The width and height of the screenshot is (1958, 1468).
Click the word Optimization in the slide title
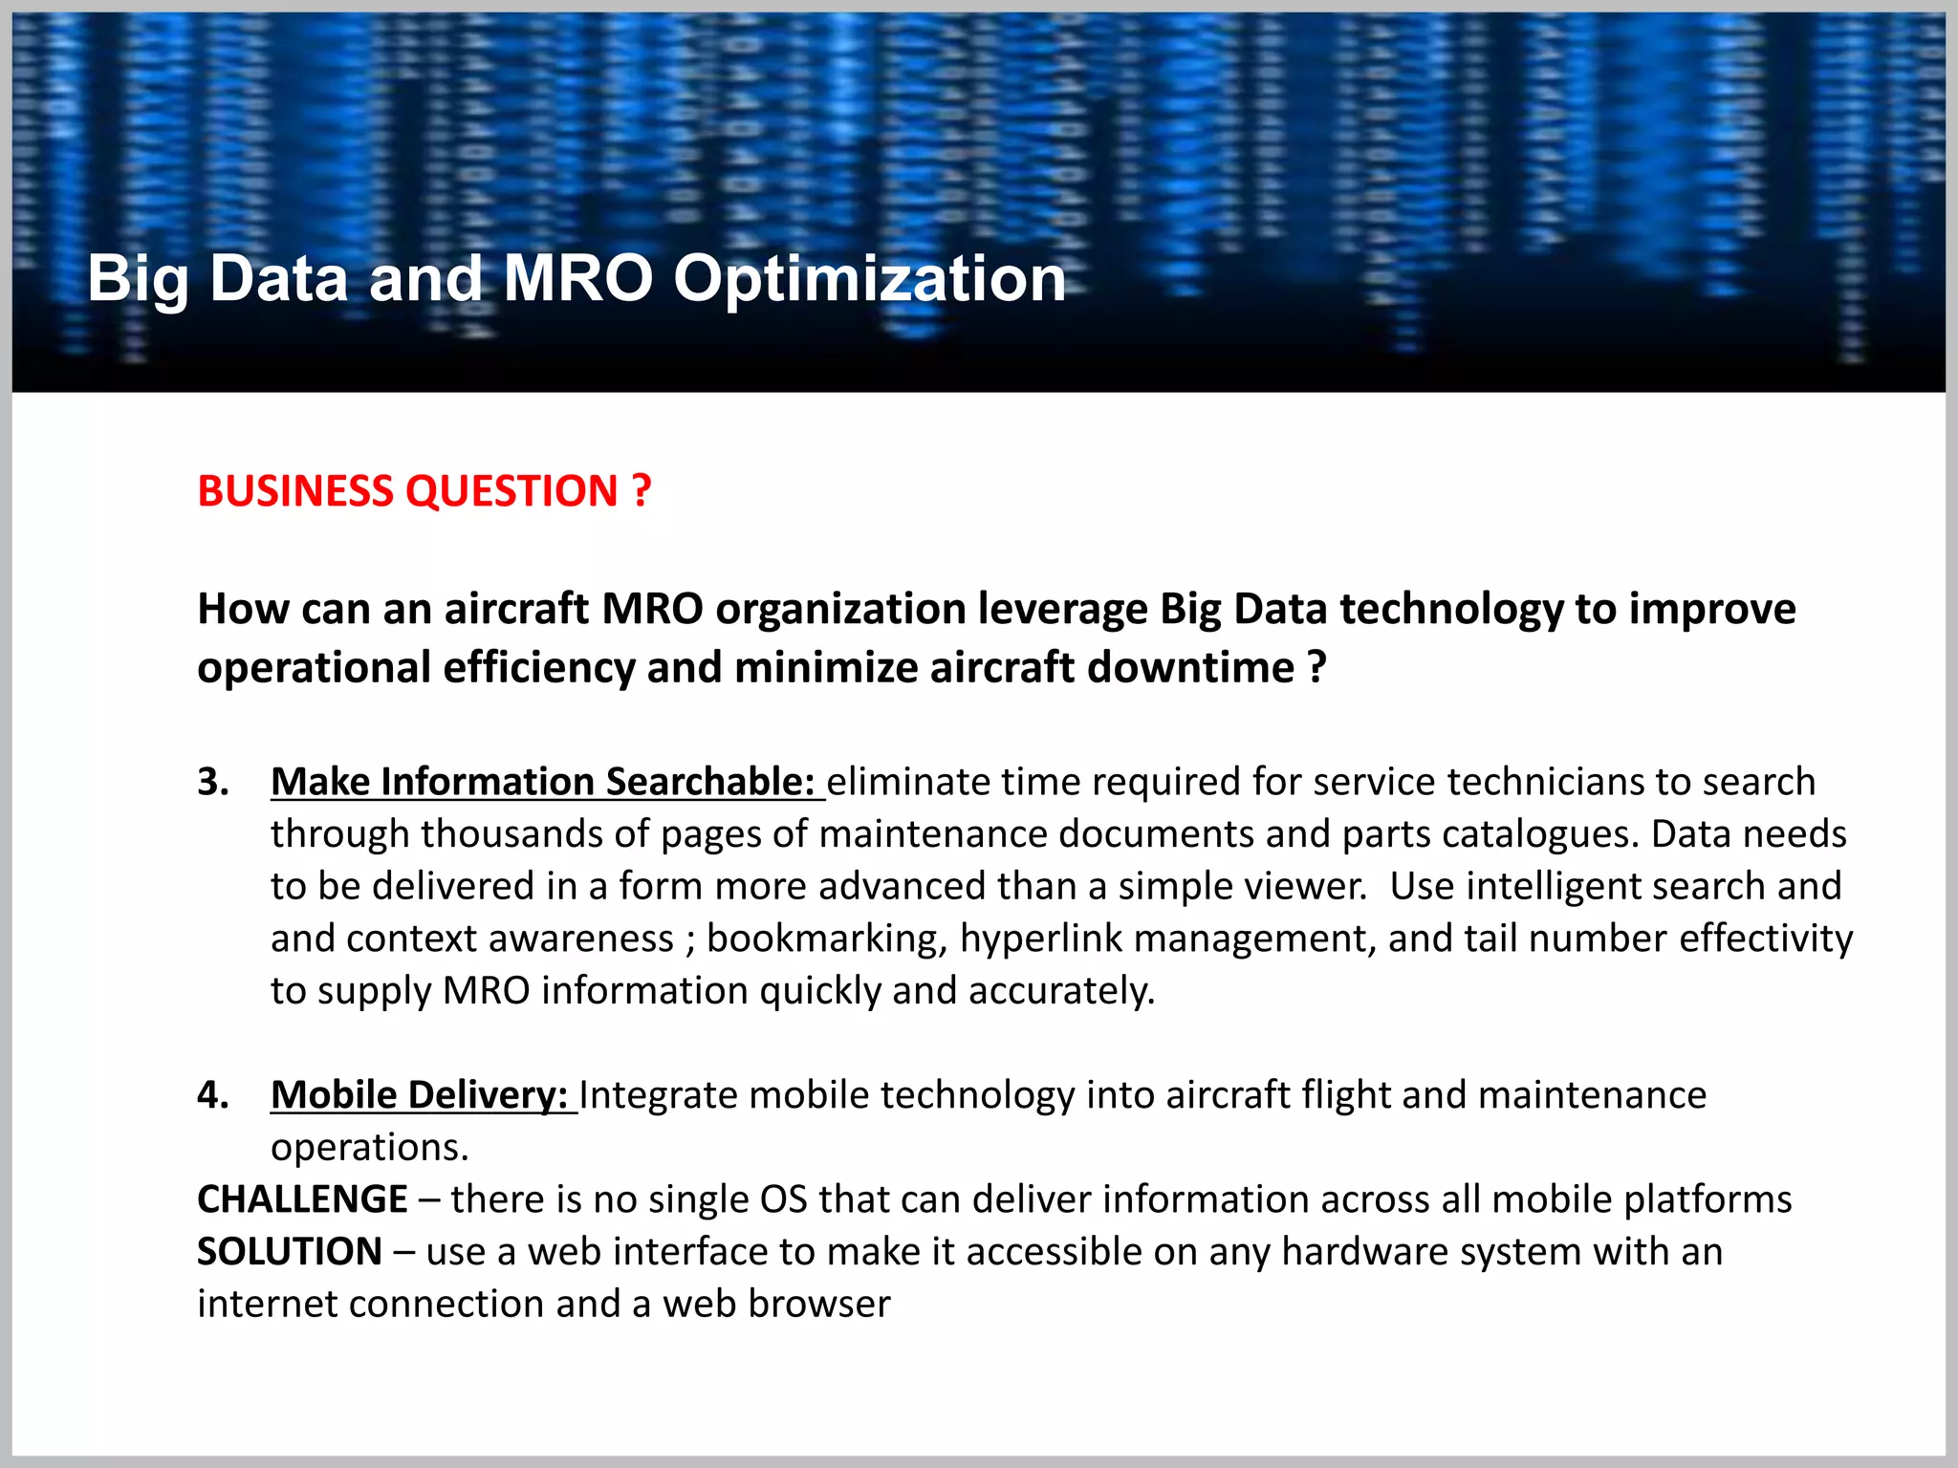coord(869,279)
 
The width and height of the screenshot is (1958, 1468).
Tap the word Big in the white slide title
coord(138,279)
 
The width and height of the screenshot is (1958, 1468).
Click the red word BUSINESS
coord(295,491)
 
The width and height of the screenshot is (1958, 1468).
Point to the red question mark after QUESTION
coord(642,491)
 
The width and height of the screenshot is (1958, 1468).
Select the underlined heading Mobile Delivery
coord(420,1095)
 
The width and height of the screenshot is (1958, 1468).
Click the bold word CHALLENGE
coord(302,1199)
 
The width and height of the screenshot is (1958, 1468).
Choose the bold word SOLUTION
coord(290,1252)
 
